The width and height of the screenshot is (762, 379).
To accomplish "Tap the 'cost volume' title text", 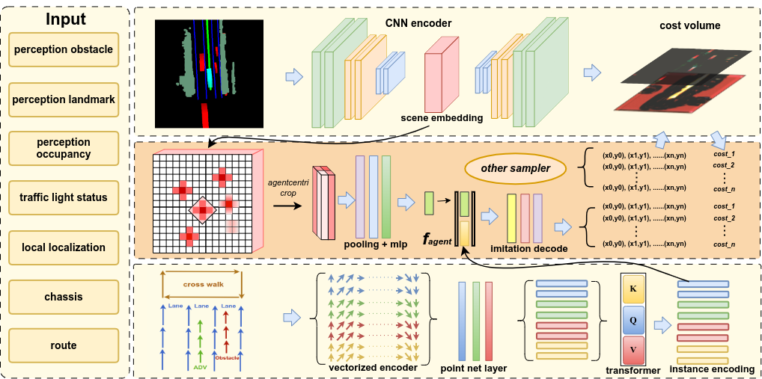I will coord(689,25).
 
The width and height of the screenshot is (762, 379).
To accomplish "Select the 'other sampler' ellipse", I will coord(515,168).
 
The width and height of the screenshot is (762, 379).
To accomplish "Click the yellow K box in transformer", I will coord(633,288).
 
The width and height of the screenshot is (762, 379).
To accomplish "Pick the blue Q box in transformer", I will coord(633,319).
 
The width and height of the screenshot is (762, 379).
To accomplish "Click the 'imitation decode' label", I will coord(528,248).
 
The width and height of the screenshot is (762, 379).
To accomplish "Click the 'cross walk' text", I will coord(203,284).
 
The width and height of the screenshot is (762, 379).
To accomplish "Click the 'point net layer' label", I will coord(474,368).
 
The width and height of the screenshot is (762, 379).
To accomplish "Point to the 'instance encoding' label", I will coord(711,369).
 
